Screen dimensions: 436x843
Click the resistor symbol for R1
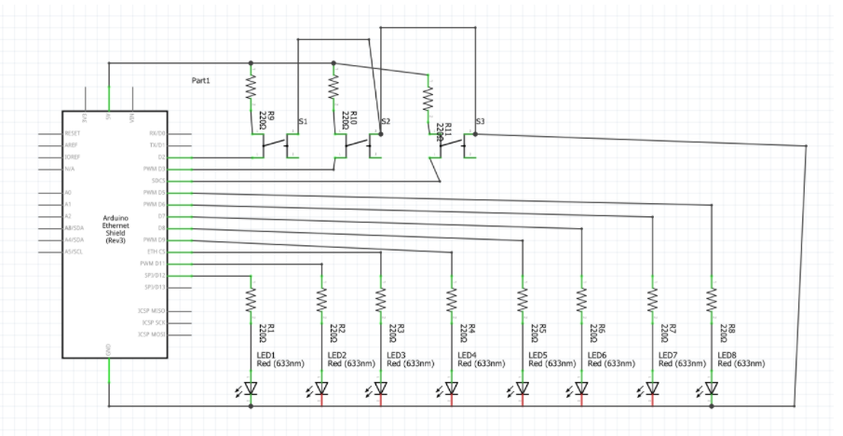251,299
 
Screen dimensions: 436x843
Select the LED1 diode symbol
251,388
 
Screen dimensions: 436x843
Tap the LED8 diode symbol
712,388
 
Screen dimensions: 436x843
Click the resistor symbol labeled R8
712,299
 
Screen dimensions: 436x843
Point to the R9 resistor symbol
251,88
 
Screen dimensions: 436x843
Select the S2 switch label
386,122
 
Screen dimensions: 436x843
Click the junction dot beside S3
476,134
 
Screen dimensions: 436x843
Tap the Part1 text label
201,81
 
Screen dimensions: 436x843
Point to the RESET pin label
72,134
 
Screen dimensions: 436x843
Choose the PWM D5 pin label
155,193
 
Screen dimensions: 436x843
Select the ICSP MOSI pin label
152,334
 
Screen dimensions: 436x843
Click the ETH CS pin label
156,252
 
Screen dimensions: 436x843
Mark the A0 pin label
68,193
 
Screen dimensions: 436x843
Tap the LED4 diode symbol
452,388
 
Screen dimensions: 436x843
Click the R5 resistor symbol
523,299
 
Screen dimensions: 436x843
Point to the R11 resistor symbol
428,98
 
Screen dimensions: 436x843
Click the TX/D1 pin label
156,145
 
